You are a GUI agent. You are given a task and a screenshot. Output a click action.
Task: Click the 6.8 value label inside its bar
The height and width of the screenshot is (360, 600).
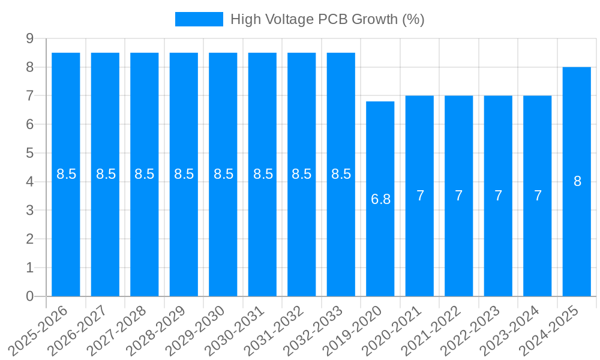coord(380,200)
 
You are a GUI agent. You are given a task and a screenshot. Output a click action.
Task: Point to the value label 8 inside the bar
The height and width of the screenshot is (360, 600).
coord(577,181)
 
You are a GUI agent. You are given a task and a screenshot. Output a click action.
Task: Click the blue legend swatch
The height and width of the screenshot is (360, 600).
coord(199,19)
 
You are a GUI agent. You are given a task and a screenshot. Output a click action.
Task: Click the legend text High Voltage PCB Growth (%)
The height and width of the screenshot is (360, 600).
coord(327,19)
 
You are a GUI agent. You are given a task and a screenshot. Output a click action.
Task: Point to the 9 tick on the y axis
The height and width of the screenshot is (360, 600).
coord(29,38)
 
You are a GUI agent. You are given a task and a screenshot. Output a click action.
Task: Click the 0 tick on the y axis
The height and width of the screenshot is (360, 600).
coord(29,296)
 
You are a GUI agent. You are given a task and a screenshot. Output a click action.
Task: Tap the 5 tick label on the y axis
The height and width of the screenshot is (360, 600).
coord(29,153)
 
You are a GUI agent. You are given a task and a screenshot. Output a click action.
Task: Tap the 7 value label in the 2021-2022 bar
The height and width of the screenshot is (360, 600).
coord(459,196)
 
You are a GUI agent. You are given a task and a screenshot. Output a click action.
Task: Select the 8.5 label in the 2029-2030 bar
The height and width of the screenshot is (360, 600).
coord(223,174)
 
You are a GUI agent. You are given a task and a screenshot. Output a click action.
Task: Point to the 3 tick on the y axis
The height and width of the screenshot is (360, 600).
coord(29,211)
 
